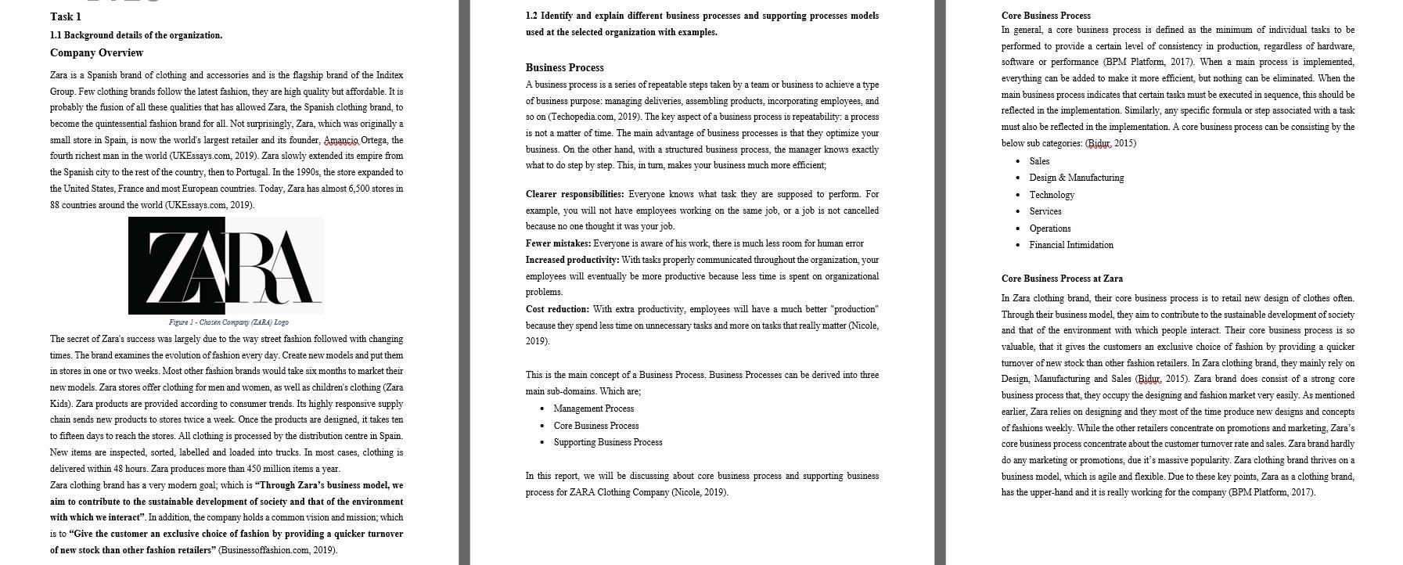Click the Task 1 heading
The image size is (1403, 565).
tap(65, 16)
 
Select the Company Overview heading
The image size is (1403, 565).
tap(96, 53)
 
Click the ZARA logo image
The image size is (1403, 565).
tap(225, 265)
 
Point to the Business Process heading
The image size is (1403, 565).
tap(564, 68)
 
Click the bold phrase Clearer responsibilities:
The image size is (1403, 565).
tap(574, 194)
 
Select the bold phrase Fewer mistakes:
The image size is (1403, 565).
tap(557, 243)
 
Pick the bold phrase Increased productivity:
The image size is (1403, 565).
tap(572, 260)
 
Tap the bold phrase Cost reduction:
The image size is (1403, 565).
tap(557, 309)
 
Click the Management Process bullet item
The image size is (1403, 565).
tap(593, 408)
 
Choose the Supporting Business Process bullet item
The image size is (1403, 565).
tap(607, 442)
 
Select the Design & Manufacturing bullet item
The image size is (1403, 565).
tap(1076, 178)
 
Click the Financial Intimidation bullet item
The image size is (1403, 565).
tap(1070, 245)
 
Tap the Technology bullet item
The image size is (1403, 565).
tap(1051, 195)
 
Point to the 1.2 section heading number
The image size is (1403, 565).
tap(531, 16)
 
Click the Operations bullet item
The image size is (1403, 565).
tap(1049, 229)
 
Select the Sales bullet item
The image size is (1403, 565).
tap(1039, 161)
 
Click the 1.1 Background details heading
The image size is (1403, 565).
tap(135, 35)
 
